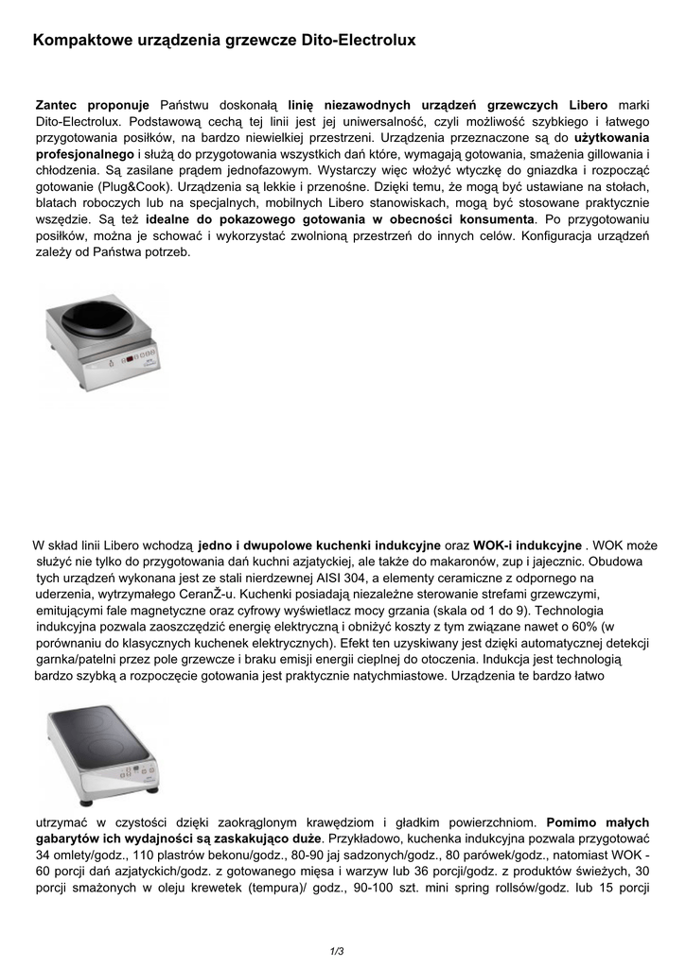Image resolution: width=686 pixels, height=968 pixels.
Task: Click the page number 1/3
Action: pyautogui.click(x=337, y=950)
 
